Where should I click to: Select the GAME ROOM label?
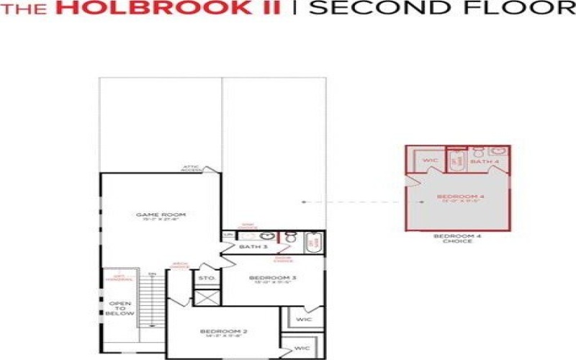point(161,215)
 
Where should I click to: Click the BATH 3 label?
point(253,248)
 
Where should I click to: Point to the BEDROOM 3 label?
point(273,278)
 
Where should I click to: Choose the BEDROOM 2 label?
point(223,332)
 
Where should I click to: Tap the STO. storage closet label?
point(207,277)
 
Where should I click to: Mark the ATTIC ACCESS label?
point(192,168)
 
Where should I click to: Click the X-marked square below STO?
point(207,297)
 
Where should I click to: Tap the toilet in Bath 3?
point(292,237)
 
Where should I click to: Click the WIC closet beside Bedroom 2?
point(302,348)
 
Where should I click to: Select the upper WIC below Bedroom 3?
point(304,318)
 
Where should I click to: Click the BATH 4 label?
point(485,162)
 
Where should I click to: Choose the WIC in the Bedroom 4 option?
point(431,161)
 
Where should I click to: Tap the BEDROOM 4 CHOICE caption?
point(453,239)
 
